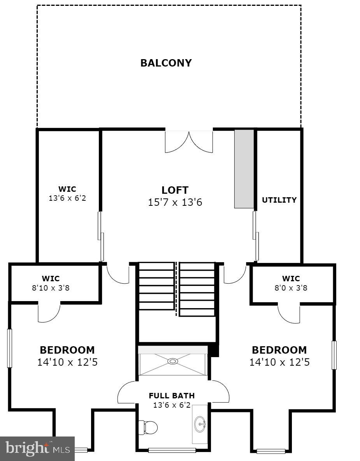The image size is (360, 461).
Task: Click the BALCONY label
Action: [x=166, y=63]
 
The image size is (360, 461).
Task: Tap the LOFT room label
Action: [x=175, y=190]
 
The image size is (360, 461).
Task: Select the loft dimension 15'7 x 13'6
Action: [x=175, y=203]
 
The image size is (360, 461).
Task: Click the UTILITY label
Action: [x=279, y=200]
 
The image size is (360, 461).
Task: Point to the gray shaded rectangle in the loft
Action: [x=244, y=169]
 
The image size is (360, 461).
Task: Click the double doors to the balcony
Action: [x=189, y=141]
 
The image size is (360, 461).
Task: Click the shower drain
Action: [x=172, y=361]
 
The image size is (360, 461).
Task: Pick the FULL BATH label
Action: [x=172, y=396]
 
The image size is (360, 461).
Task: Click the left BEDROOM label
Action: [x=67, y=350]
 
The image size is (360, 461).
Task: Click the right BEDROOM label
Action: [x=279, y=350]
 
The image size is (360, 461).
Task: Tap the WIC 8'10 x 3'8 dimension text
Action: [x=51, y=289]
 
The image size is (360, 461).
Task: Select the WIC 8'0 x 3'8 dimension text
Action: [x=291, y=289]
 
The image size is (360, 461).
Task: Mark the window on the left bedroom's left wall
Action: [x=10, y=348]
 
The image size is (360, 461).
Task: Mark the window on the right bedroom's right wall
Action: [x=334, y=355]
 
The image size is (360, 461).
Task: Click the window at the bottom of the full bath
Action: [x=172, y=450]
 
